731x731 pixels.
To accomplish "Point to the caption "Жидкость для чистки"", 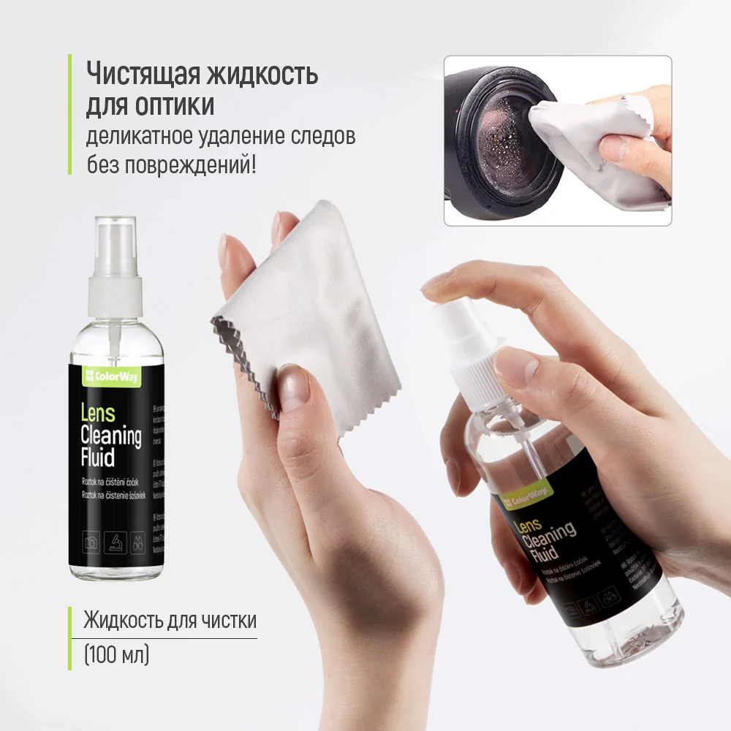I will pyautogui.click(x=170, y=621).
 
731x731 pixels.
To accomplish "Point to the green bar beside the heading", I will pyautogui.click(x=70, y=114).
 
